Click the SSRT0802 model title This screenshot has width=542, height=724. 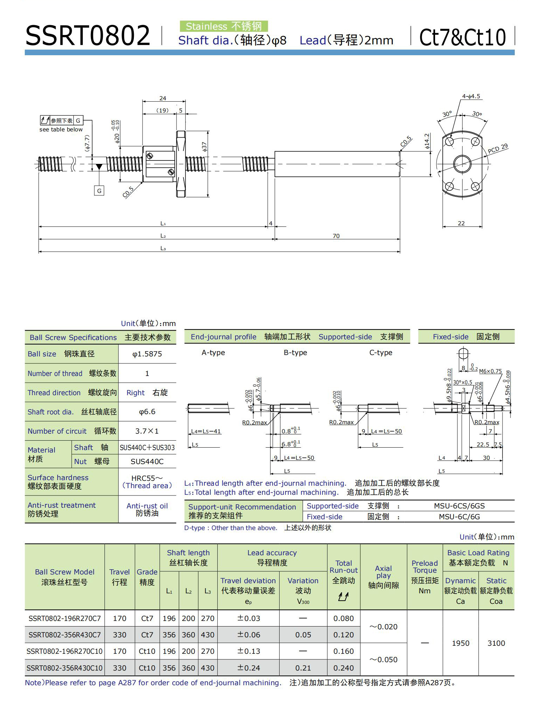point(87,36)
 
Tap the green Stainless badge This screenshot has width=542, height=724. point(224,26)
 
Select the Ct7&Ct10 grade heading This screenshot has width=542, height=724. point(462,37)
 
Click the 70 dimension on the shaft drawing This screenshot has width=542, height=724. point(336,236)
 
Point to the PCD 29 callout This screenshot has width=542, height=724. point(498,149)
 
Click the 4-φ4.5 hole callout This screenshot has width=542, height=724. point(471,96)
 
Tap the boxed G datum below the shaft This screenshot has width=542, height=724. point(99,191)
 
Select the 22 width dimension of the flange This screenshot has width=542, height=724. point(461,223)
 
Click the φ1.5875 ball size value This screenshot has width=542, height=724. point(147,354)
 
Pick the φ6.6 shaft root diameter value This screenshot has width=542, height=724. point(147,412)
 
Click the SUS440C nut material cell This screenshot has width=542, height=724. point(147,461)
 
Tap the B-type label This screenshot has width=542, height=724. point(295,353)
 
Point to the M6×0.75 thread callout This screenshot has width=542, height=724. point(490,371)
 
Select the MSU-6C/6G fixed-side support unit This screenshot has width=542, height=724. point(459,517)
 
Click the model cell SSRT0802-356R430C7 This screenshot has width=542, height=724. point(65,635)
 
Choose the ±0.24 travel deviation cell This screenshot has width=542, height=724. point(248,668)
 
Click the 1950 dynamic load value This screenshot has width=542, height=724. point(461,643)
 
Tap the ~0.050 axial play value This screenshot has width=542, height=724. point(383,660)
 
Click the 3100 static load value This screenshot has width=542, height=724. point(496,643)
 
